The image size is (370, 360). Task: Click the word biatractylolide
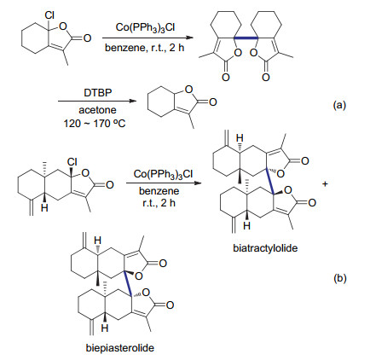(265, 248)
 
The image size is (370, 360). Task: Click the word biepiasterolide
(120, 347)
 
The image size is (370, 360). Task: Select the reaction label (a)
(340, 106)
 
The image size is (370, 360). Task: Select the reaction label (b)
(340, 278)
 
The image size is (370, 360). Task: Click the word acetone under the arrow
(97, 110)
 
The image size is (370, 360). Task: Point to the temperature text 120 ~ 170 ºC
(95, 124)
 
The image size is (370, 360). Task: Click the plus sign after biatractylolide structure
(325, 184)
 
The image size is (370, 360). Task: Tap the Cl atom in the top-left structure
(49, 16)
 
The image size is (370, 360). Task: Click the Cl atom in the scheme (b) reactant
(72, 162)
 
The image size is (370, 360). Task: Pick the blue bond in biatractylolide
(269, 182)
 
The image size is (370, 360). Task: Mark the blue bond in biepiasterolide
(128, 284)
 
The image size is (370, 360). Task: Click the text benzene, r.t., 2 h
(145, 48)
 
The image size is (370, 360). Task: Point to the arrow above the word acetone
(95, 101)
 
